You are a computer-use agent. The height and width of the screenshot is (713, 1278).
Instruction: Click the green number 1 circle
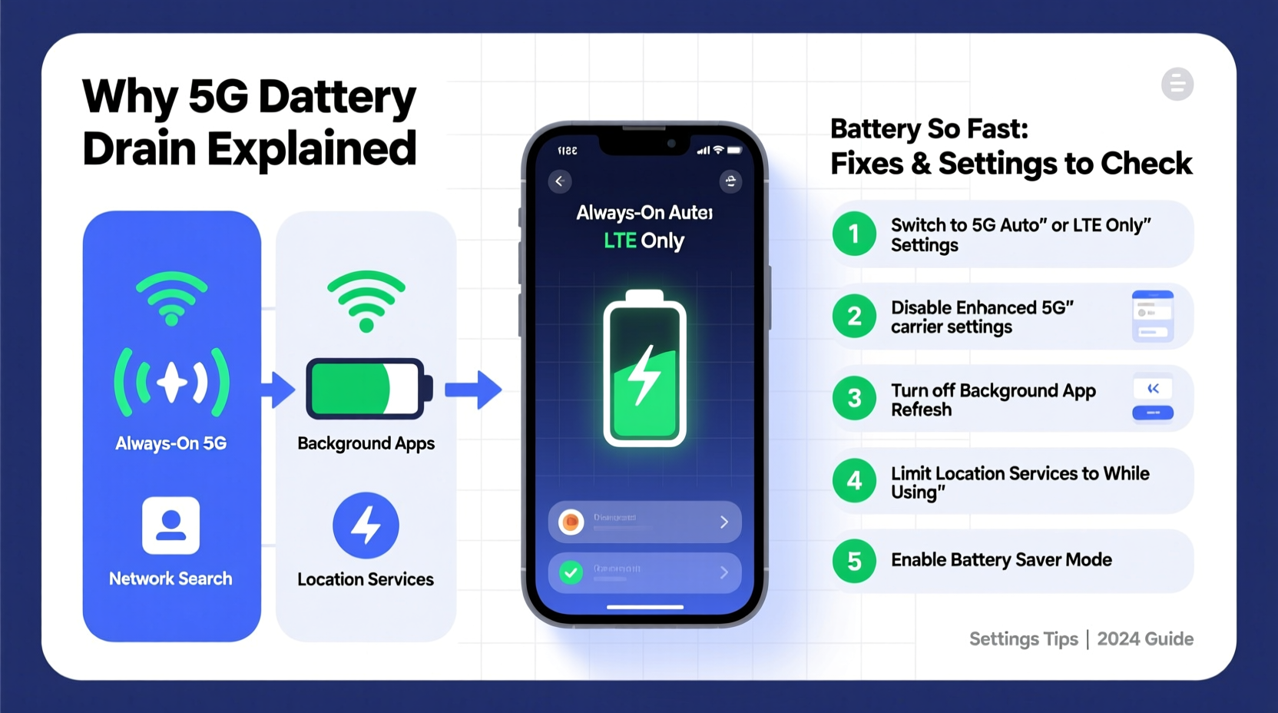(854, 234)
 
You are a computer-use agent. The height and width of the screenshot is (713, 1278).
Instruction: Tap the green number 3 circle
(854, 398)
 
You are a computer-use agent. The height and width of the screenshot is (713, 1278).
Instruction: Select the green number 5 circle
(854, 561)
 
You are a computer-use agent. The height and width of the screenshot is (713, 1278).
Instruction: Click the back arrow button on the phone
(560, 181)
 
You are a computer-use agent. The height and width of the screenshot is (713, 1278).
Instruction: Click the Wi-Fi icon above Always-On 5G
(171, 297)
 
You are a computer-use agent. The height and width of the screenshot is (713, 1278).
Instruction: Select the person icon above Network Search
(171, 526)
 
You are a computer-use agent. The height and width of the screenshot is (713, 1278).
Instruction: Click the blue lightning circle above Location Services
(366, 526)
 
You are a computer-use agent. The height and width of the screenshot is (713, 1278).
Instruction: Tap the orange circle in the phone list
(571, 522)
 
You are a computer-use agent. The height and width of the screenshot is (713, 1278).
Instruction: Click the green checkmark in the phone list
(571, 572)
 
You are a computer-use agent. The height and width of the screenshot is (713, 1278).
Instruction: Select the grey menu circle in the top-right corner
(1177, 85)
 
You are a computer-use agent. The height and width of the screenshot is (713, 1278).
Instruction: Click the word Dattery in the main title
(336, 98)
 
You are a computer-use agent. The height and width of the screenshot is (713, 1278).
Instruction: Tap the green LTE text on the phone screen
(620, 241)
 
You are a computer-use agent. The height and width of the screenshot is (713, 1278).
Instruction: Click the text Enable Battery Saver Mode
(1001, 560)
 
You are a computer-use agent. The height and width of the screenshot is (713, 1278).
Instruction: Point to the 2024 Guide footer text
(1144, 639)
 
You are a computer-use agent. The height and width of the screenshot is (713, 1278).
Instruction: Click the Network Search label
(171, 579)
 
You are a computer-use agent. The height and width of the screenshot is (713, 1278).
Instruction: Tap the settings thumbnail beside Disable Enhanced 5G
(1152, 316)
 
